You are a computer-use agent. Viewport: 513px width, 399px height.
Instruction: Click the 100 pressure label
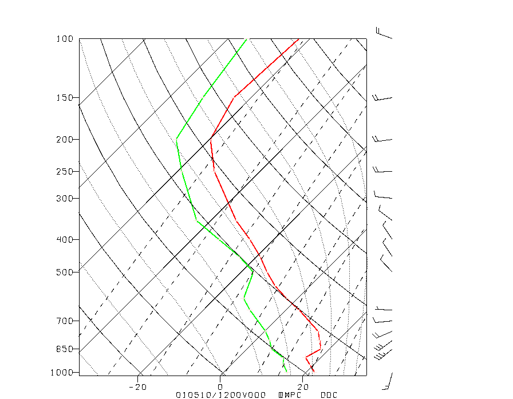point(65,39)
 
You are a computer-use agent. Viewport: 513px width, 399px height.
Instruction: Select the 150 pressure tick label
point(65,98)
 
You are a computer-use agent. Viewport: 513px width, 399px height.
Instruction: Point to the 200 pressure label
point(65,140)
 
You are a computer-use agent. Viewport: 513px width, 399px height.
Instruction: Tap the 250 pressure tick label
point(65,172)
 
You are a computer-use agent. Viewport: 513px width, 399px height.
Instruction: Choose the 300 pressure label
point(65,199)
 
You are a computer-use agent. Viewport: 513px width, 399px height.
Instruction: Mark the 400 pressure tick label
point(65,240)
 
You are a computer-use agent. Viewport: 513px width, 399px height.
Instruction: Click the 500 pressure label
point(65,272)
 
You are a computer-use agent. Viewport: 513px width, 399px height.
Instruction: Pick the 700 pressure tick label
point(65,321)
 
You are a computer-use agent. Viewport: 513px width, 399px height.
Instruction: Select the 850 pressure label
point(65,349)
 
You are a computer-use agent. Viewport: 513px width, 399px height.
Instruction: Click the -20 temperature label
point(139,388)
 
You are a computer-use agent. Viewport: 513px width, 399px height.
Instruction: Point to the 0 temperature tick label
point(221,388)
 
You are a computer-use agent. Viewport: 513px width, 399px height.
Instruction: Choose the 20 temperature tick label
point(304,388)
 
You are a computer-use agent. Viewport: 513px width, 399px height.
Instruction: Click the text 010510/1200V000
point(220,395)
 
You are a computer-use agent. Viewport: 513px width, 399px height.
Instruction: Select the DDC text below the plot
point(329,395)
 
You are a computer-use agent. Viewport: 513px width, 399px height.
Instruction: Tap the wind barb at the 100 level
point(383,33)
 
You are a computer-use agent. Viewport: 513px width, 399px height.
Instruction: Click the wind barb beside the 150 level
point(382,98)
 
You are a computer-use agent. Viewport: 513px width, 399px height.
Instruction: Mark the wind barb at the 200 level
point(382,139)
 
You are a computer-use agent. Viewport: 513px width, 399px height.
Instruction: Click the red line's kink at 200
point(211,139)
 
